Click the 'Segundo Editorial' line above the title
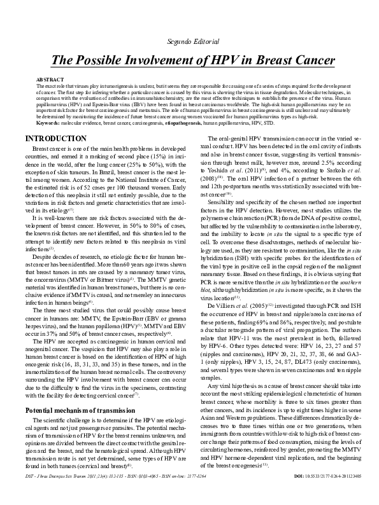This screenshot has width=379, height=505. click(x=189, y=41)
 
